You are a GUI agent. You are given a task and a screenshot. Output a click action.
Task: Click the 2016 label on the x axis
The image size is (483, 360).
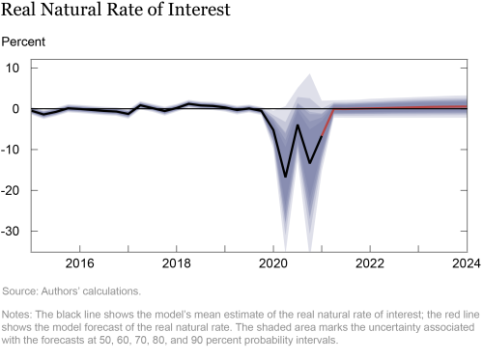point(79,263)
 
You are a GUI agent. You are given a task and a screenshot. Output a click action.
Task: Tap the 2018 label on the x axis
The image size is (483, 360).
point(176,263)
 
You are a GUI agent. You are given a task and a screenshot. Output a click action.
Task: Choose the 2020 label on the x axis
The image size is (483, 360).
point(273,263)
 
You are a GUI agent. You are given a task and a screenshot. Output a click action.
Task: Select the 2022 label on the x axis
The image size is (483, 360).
point(370,263)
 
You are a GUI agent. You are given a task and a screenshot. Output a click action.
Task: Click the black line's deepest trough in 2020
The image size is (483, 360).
point(286,177)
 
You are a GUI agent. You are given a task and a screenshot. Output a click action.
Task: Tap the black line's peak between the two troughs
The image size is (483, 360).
point(298,125)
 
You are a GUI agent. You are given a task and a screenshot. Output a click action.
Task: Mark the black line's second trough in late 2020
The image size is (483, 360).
point(310,163)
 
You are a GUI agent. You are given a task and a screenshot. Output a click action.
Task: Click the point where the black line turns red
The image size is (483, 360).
point(322,136)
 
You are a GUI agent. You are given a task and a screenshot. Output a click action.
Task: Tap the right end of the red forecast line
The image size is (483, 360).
point(468,106)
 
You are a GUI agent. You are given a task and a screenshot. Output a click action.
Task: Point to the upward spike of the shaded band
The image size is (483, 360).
point(309,75)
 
